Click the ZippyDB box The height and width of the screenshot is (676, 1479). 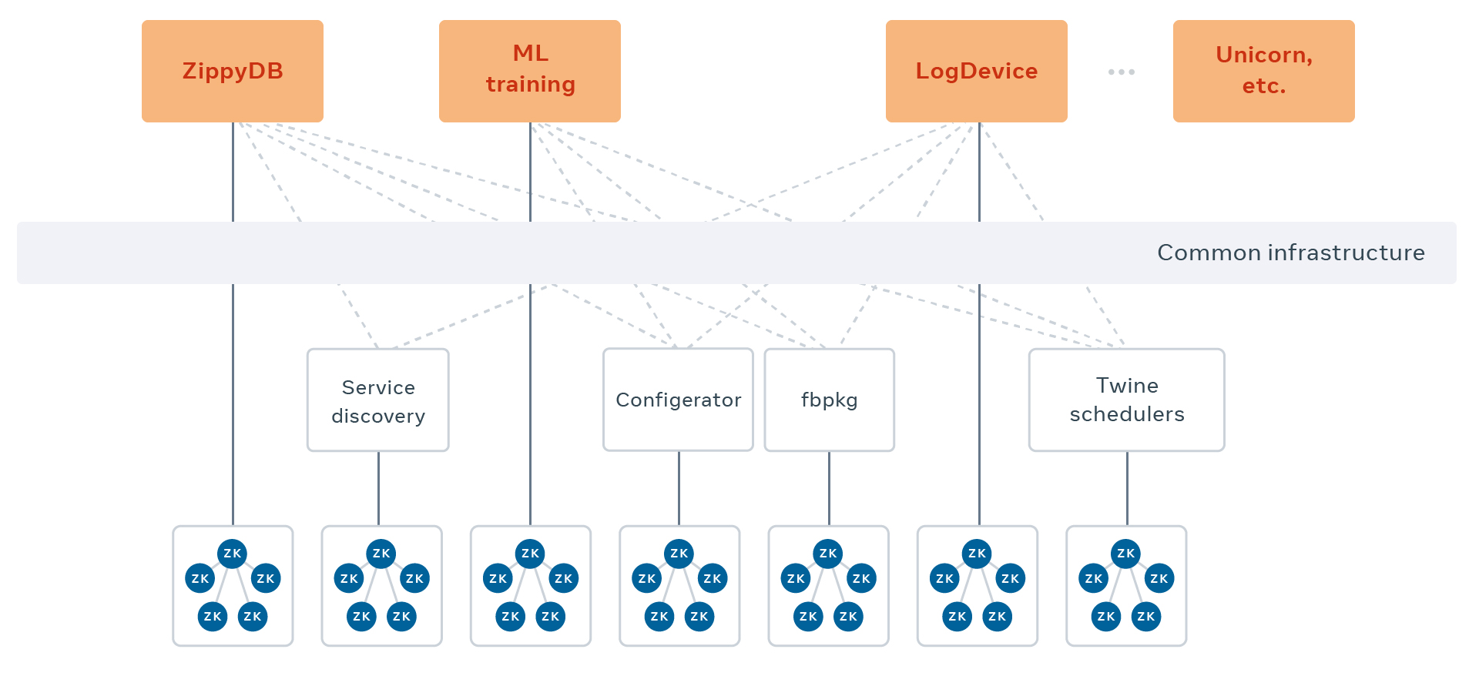coord(233,71)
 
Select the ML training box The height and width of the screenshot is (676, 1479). coord(530,71)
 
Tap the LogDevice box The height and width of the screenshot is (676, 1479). coord(976,71)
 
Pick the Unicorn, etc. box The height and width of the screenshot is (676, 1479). coord(1263,71)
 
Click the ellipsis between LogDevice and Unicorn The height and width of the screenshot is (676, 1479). coord(1121,72)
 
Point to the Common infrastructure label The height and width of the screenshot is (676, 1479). coord(1290,253)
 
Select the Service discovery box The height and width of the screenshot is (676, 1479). coord(377,400)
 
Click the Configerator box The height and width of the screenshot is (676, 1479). coord(678,400)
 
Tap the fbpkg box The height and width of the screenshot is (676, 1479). coord(829,400)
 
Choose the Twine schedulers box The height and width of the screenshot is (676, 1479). coord(1126,400)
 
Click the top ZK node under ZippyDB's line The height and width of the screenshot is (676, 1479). coord(233,553)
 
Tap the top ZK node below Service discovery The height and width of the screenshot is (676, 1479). coord(381,553)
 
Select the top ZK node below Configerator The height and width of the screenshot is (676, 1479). coord(679,553)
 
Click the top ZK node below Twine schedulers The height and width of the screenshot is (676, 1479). coord(1125,553)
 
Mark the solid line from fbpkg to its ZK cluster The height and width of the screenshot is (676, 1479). coord(829,488)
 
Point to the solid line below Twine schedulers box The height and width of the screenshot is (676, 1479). coord(1127,488)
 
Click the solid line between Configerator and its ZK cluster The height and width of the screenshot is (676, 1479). coord(679,488)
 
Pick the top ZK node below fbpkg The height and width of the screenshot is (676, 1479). coord(828,553)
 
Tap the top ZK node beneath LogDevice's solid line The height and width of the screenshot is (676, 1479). coord(977,553)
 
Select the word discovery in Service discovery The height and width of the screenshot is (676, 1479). coord(377,416)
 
